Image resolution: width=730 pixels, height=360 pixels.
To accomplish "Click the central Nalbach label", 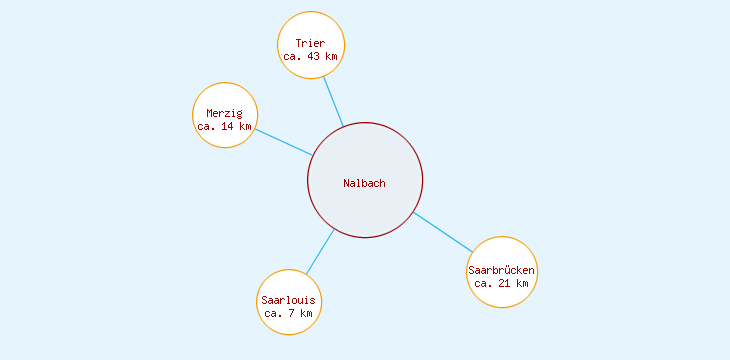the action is click(364, 183).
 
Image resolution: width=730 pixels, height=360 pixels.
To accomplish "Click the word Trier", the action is click(310, 43).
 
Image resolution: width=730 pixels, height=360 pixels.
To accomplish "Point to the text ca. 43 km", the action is click(310, 57).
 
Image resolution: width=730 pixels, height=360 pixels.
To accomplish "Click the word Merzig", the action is click(225, 113).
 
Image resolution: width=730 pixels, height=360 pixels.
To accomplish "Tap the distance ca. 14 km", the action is click(225, 127).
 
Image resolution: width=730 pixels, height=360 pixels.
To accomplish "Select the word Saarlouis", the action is click(288, 300).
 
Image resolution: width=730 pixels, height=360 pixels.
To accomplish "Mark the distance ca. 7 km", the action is click(288, 314).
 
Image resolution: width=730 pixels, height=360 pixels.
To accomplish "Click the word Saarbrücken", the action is click(502, 270).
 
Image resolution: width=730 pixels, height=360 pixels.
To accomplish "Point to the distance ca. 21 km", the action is click(502, 284).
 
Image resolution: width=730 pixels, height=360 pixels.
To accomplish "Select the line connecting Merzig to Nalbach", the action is click(283, 142).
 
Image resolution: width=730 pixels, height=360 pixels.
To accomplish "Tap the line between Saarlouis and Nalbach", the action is click(320, 251).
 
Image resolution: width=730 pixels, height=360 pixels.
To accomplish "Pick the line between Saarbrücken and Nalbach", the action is click(443, 232).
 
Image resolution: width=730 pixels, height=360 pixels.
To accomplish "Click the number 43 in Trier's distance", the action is click(313, 57).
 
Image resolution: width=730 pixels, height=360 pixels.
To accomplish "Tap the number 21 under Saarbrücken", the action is click(505, 284).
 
